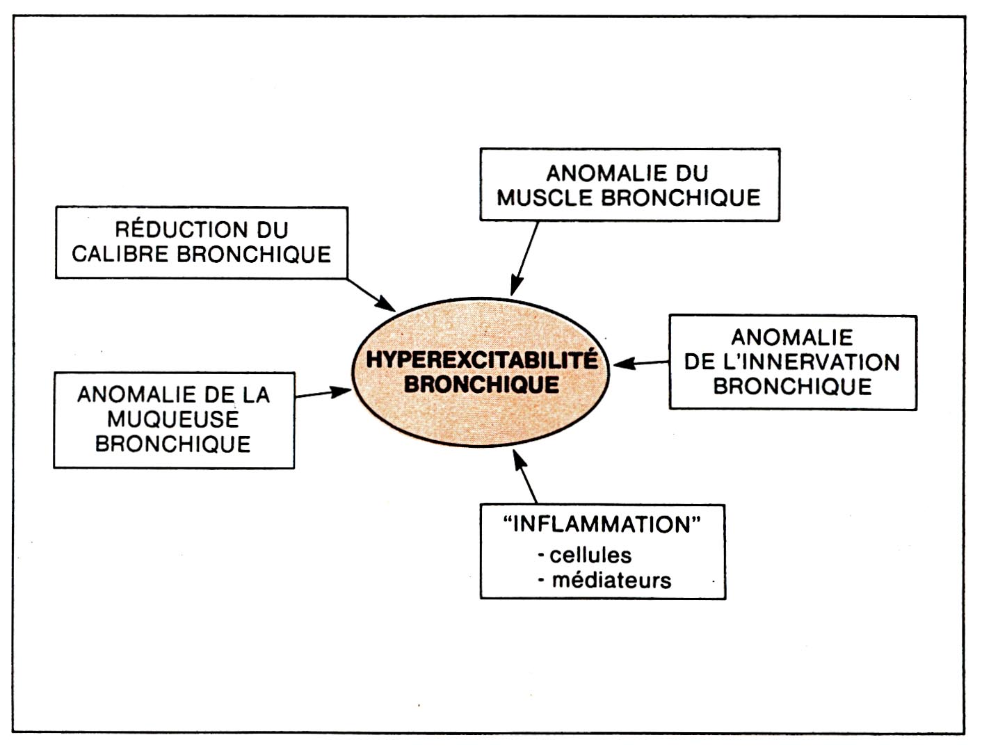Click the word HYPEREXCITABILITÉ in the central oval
point(481,360)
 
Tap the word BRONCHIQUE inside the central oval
point(481,385)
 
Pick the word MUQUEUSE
point(173,419)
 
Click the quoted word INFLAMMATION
point(602,524)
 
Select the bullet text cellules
point(590,555)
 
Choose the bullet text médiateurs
point(611,580)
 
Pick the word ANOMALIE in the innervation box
point(792,337)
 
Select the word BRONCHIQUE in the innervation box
point(792,387)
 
